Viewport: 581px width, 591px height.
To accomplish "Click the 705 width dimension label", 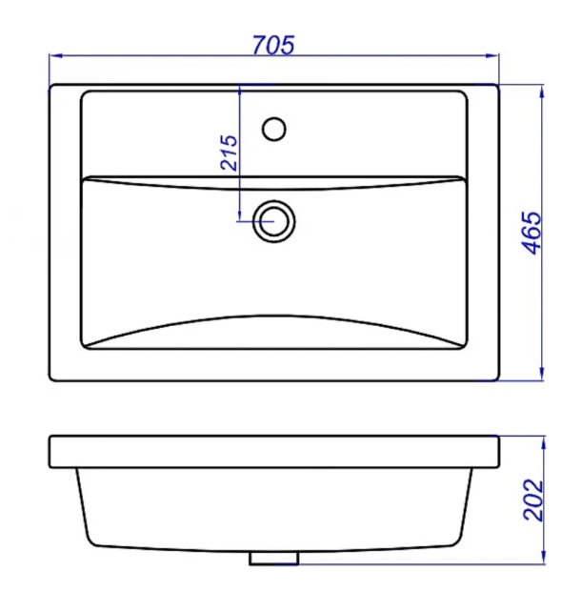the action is pos(273,45).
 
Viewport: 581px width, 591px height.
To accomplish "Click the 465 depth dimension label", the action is pos(531,233).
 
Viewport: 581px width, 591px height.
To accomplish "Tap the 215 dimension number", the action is pos(229,153).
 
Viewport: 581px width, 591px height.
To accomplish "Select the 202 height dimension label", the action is pos(534,499).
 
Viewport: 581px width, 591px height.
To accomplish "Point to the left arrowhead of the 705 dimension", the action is pos(55,56).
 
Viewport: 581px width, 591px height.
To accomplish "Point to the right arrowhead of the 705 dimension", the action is pos(492,56).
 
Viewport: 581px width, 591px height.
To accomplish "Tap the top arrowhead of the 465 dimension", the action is pos(542,92).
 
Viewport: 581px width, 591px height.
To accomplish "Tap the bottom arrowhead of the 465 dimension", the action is pos(542,374).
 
